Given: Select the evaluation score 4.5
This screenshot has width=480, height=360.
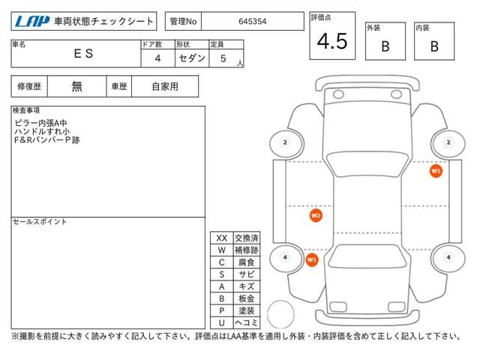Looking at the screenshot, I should coord(332,42).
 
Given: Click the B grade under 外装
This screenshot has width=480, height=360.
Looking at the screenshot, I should coord(385,46).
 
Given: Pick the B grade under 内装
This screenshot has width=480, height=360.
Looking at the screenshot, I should coord(434,46).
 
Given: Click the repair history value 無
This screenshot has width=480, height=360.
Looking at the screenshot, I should coord(77,86).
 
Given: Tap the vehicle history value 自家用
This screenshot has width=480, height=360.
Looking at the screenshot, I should coord(165,86).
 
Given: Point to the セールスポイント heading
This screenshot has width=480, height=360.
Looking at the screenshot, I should coord(40,222).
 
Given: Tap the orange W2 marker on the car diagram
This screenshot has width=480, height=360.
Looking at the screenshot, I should coord(316,216).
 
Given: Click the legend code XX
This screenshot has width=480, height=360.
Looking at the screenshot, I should coord(222,238).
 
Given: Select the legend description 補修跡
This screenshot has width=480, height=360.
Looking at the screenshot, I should coord(246,250).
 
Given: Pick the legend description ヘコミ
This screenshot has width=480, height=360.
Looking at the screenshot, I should coord(246,322).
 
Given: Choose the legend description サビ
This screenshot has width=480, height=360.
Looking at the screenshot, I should coord(246,274).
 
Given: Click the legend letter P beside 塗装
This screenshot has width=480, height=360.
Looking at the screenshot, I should coord(222,310).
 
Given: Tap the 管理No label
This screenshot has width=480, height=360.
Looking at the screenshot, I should coord(182,22).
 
